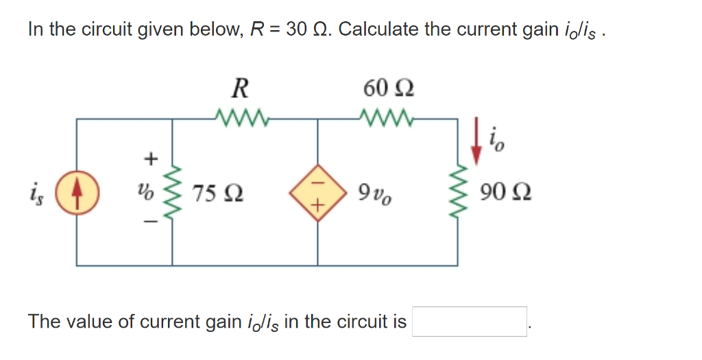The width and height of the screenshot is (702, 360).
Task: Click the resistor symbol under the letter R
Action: click(x=239, y=118)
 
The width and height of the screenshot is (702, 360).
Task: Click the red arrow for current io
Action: click(x=479, y=147)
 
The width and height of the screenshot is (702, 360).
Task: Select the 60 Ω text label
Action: click(x=389, y=88)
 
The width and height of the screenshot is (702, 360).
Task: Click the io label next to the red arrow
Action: click(x=496, y=143)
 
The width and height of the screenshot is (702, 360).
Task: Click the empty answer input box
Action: click(x=470, y=321)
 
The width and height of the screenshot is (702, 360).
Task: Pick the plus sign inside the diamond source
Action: click(x=317, y=205)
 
